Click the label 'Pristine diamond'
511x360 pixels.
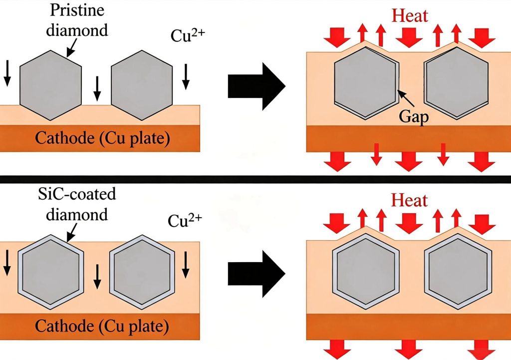coord(77,20)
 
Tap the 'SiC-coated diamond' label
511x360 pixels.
coord(77,204)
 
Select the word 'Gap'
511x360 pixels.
coord(414,116)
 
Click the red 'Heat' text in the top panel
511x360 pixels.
coord(410,15)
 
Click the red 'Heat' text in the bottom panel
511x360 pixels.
coord(409,200)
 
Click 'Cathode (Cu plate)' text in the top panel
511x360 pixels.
coord(102,138)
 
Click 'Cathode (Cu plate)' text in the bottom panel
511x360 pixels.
coord(102,326)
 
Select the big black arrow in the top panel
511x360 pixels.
coord(256,86)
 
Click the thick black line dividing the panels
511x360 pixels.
coord(255,179)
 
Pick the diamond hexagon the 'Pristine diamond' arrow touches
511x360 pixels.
coord(50,85)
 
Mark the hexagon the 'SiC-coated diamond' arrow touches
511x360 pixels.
coord(50,272)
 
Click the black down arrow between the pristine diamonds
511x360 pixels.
coord(97,88)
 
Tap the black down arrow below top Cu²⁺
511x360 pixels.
coord(186,76)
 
